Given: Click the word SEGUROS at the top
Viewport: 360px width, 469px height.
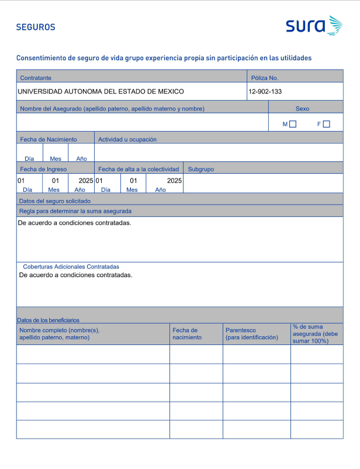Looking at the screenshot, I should [x=36, y=27].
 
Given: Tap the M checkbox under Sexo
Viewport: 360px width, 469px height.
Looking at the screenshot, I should [x=293, y=124].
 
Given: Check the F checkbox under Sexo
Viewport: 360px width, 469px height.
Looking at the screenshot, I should [x=326, y=124].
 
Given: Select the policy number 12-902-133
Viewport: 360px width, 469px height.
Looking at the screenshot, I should [x=265, y=92].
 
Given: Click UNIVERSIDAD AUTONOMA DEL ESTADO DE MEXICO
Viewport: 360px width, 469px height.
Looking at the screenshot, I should [x=101, y=92].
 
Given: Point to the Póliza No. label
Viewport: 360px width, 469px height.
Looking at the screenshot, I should [x=265, y=78].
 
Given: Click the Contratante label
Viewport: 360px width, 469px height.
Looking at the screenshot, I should [x=36, y=78].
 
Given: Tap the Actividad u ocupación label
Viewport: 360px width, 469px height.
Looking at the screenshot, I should [x=127, y=139].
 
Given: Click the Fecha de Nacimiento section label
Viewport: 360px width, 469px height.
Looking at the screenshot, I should [x=49, y=139].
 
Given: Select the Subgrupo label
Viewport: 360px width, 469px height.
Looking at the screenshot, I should [x=201, y=169].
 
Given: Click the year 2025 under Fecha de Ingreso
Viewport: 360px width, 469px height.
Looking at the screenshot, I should [x=86, y=181].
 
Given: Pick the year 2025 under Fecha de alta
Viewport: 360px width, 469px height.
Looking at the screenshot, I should [x=174, y=181].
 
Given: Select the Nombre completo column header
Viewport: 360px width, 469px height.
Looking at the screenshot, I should [x=60, y=334].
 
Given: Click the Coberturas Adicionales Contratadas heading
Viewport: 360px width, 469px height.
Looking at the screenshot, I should [x=71, y=266].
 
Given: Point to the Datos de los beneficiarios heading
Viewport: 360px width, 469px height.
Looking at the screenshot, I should [x=48, y=320].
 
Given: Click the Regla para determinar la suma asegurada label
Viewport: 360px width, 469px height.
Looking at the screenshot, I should [x=75, y=211].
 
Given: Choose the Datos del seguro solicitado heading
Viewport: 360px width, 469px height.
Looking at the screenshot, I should [x=55, y=201].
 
